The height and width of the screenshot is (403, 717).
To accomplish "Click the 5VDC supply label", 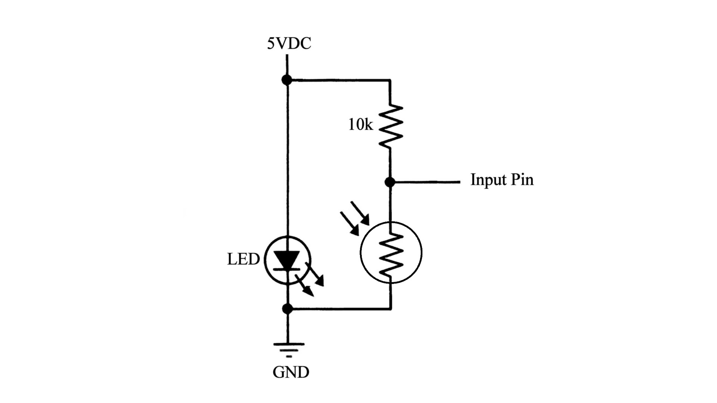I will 289,44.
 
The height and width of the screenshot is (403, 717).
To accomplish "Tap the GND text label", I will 291,372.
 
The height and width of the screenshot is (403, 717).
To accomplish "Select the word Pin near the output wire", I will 522,179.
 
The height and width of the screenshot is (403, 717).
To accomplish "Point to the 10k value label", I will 360,125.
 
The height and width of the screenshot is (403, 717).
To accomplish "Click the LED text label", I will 243,259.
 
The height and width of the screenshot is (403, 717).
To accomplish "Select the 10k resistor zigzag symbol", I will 391,126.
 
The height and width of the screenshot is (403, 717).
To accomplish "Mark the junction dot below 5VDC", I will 287,79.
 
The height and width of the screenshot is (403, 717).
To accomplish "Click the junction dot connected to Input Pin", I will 390,182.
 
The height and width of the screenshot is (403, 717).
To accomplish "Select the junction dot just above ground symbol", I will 287,309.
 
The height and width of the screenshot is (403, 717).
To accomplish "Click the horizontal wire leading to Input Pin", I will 426,182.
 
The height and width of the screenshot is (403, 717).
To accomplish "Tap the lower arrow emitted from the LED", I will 304,286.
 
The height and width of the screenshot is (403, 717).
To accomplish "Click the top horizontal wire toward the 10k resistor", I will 338,80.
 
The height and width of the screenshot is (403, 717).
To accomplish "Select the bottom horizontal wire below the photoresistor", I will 338,309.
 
